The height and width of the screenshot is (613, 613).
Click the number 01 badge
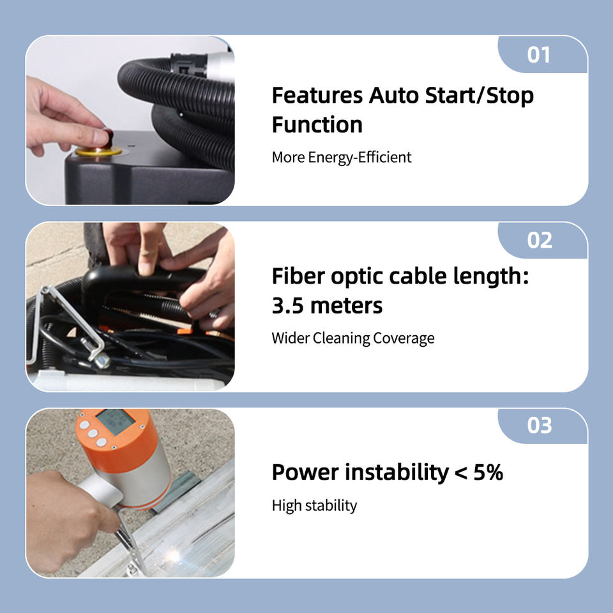pyautogui.click(x=543, y=54)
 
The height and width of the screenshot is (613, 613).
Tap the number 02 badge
pyautogui.click(x=543, y=240)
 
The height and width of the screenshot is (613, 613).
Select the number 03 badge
pyautogui.click(x=543, y=425)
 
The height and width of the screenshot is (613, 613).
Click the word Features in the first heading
pyautogui.click(x=317, y=95)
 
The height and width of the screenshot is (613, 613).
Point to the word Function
pyautogui.click(x=317, y=125)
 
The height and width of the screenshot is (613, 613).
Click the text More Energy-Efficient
pyautogui.click(x=341, y=157)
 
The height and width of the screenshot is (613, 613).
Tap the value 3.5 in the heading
pyautogui.click(x=287, y=306)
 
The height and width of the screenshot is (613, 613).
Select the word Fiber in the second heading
pyautogui.click(x=298, y=276)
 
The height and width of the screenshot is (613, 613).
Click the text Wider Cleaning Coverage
pyautogui.click(x=352, y=338)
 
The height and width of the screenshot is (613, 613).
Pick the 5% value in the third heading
pyautogui.click(x=488, y=473)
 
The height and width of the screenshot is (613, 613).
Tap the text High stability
pyautogui.click(x=314, y=506)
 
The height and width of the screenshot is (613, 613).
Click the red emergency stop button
pyautogui.click(x=107, y=135)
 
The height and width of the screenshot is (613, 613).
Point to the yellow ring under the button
pyautogui.click(x=98, y=151)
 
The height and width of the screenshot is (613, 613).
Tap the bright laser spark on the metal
pyautogui.click(x=173, y=554)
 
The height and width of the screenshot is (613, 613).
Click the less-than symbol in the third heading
pyautogui.click(x=461, y=473)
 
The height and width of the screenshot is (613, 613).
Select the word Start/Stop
pyautogui.click(x=480, y=96)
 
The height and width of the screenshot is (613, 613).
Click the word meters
pyautogui.click(x=346, y=306)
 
